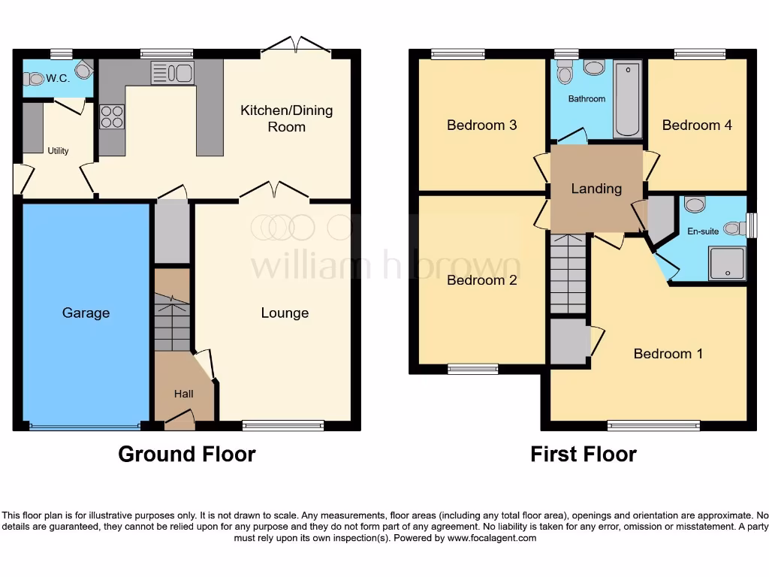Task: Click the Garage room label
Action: [x=86, y=313]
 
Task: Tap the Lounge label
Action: [x=285, y=313]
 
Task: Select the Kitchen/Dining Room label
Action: [x=286, y=119]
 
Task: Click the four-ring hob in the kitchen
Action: [x=112, y=116]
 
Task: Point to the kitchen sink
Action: [x=173, y=73]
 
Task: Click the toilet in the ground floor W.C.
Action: [x=35, y=77]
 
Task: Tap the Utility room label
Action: [x=58, y=150]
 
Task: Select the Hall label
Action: [x=184, y=394]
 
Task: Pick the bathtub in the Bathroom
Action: [x=627, y=98]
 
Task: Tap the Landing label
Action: [x=596, y=189]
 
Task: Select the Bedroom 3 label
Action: [x=481, y=125]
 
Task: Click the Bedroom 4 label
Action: [x=697, y=125]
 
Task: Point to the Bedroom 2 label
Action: [x=481, y=280]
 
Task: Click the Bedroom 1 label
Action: [x=668, y=353]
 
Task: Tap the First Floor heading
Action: [x=583, y=454]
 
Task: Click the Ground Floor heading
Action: [x=186, y=454]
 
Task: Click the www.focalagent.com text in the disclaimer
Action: [x=492, y=538]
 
